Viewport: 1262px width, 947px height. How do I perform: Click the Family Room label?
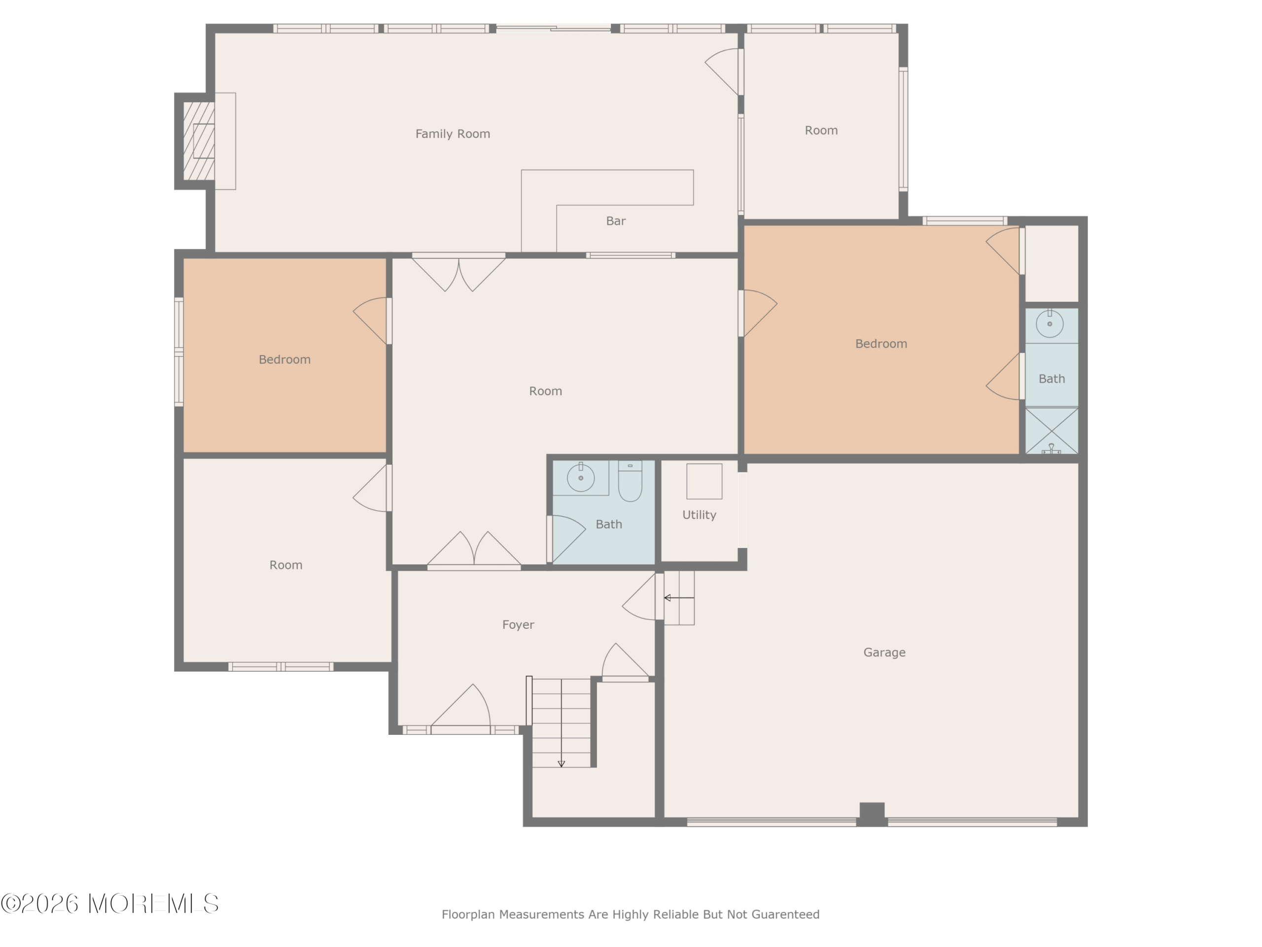(453, 134)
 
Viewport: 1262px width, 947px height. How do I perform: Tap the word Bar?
(616, 221)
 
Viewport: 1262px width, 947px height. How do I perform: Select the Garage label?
(884, 653)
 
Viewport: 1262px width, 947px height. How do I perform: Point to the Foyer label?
(518, 625)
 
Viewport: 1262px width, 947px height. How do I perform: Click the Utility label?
(699, 515)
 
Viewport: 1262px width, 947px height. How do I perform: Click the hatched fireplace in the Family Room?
(199, 141)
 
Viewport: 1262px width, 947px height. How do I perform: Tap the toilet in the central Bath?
(630, 480)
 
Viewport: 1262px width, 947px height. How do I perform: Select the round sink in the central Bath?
(581, 478)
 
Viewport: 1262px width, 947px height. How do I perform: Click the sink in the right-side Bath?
(1049, 324)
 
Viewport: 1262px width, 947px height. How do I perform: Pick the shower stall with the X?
(1052, 431)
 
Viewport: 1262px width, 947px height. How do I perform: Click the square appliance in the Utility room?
(704, 481)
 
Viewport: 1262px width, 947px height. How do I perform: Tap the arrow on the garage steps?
(679, 598)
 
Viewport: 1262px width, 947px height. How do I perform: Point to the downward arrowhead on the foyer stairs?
(561, 764)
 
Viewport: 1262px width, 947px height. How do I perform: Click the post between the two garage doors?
(872, 814)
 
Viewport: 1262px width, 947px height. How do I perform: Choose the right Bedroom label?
(881, 344)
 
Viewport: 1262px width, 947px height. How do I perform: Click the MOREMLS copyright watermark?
(109, 904)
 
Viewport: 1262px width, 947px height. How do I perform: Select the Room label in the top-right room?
(821, 131)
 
